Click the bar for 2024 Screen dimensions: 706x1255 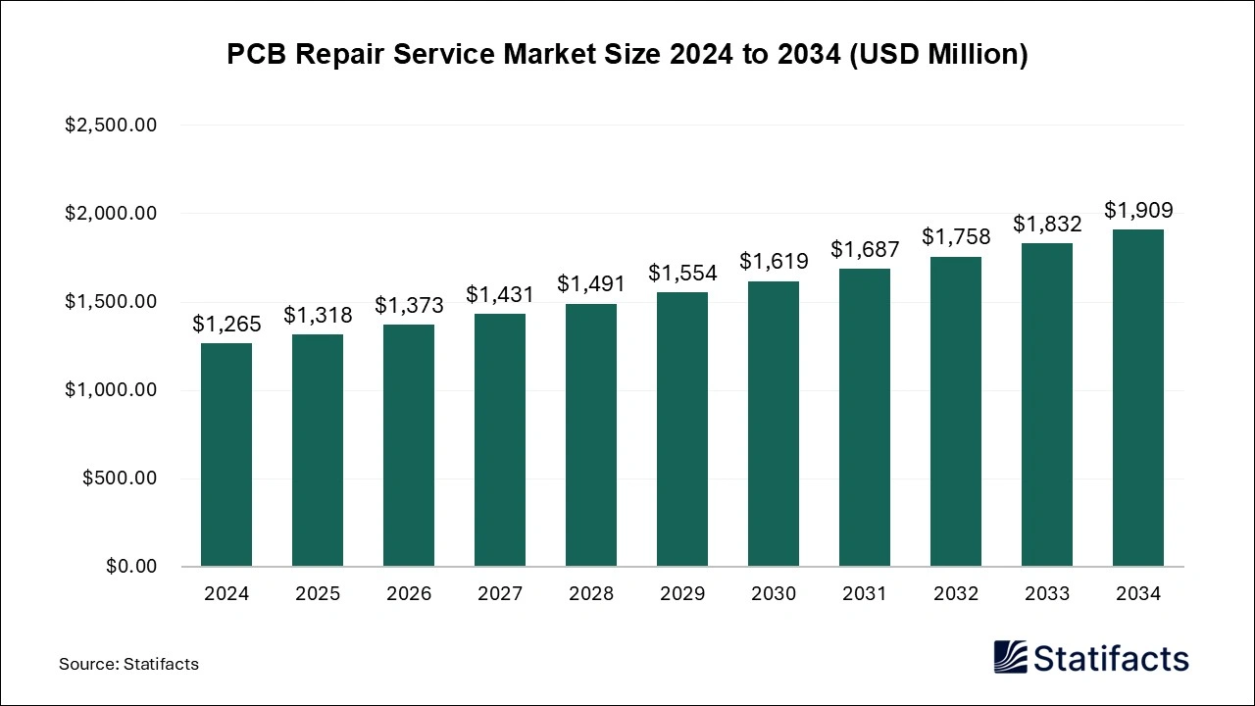[x=226, y=455]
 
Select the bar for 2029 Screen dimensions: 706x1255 [x=682, y=429]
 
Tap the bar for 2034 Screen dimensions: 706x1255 [x=1138, y=398]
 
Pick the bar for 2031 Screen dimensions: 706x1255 [x=865, y=418]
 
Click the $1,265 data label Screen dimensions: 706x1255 [x=226, y=324]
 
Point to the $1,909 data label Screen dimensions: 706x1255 [x=1138, y=210]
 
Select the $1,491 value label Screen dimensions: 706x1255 [x=591, y=283]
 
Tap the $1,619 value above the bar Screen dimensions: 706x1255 [x=774, y=261]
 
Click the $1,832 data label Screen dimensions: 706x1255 [x=1047, y=224]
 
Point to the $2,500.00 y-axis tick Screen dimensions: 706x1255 [x=111, y=126]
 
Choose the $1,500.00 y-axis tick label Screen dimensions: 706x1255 [x=111, y=302]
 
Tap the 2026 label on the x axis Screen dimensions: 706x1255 [x=409, y=594]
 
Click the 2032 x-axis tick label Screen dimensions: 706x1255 [x=956, y=594]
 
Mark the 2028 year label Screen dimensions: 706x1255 [x=591, y=594]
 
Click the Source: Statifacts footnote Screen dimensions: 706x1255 [x=128, y=664]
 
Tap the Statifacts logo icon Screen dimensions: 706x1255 [x=1010, y=657]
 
